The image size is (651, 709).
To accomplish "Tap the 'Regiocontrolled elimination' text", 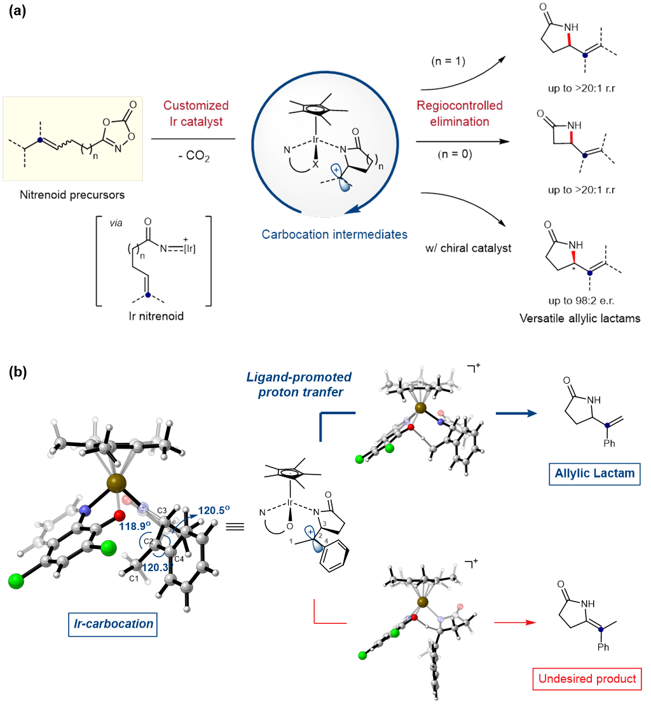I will pos(460,114).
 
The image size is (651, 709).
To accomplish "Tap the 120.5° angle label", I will pos(216,492).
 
